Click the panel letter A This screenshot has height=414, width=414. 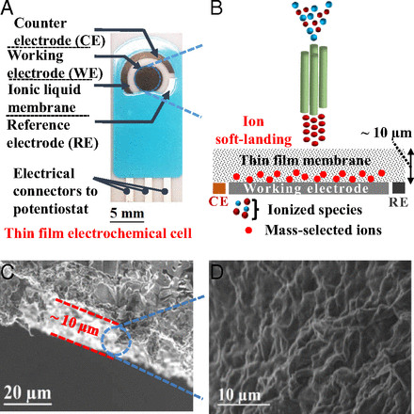coord(8,9)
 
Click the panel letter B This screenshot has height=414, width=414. coord(217,9)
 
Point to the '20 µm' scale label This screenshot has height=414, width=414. coord(30,391)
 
